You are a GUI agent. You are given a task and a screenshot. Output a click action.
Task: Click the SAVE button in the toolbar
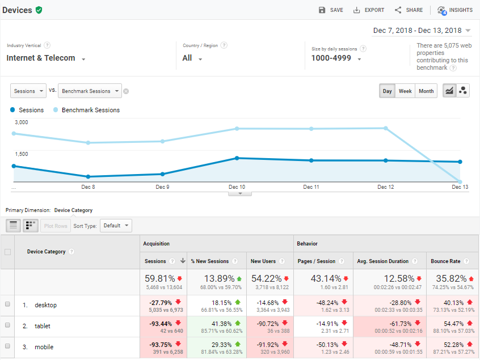click(331, 10)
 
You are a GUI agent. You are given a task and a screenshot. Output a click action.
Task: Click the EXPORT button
click(369, 10)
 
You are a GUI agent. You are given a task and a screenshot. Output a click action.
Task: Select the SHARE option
click(409, 10)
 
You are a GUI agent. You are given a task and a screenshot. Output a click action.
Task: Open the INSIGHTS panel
click(455, 10)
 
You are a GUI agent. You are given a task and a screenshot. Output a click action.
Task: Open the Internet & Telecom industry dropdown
click(46, 58)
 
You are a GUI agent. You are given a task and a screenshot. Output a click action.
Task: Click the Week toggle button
click(405, 91)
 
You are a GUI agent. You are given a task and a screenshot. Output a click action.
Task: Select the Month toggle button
click(426, 91)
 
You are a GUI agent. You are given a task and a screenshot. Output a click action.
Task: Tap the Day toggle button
click(387, 91)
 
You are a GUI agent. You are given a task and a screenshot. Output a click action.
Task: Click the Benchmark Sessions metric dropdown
click(90, 91)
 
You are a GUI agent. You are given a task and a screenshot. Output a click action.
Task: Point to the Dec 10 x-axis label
click(237, 187)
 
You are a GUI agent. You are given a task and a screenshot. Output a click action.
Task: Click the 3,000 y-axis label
click(22, 122)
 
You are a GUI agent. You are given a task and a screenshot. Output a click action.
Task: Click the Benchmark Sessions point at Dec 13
click(460, 182)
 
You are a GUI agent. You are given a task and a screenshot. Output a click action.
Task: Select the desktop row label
click(45, 305)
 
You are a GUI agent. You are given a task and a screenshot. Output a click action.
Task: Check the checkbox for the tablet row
click(7, 325)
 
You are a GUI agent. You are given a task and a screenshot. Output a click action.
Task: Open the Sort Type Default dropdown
click(116, 226)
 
